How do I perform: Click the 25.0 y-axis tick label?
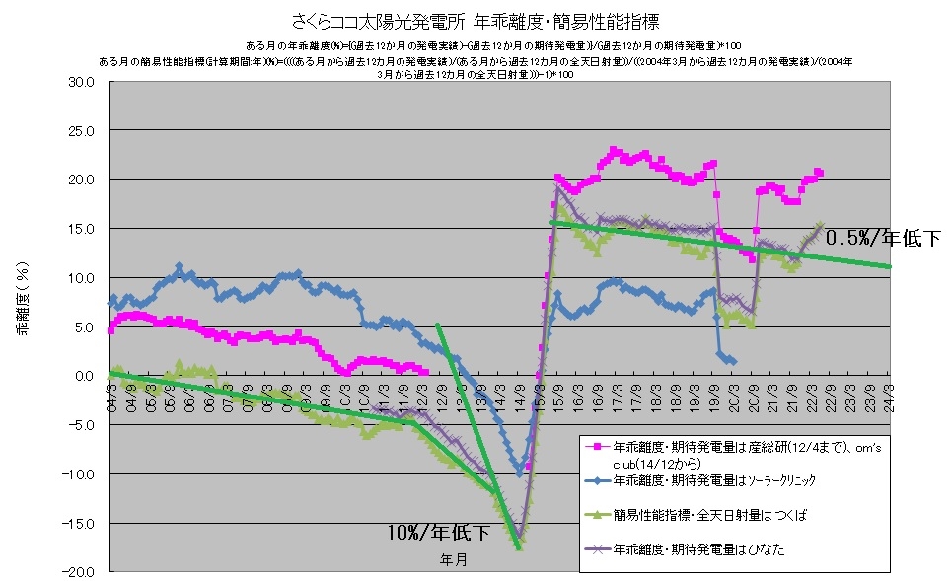click(80, 131)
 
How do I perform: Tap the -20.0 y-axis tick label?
click(78, 571)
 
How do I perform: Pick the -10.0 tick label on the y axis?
click(78, 473)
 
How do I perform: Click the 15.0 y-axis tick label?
click(80, 229)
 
